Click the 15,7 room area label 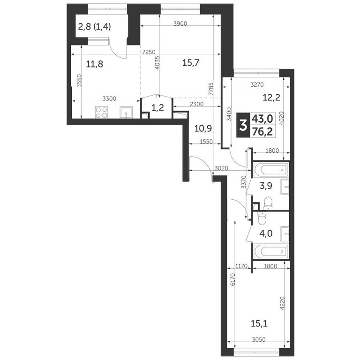click(191, 63)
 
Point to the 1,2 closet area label click(157, 107)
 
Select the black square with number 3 click(242, 125)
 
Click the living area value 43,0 click(263, 120)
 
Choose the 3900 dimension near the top click(180, 23)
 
